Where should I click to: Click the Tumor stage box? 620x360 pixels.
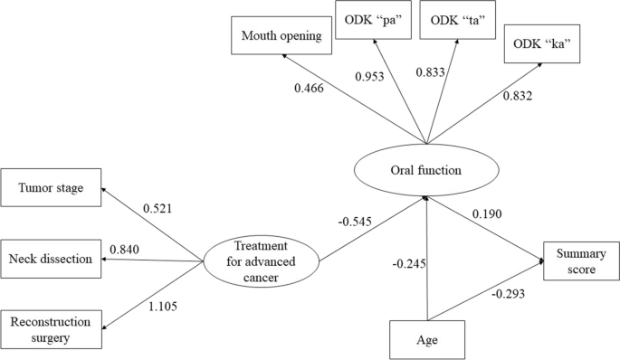52,188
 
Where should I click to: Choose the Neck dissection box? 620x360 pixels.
52,259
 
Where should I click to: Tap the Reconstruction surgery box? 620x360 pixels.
52,330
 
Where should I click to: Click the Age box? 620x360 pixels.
426,340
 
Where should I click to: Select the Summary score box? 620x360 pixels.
580,262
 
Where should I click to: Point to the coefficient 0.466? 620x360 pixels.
310,88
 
